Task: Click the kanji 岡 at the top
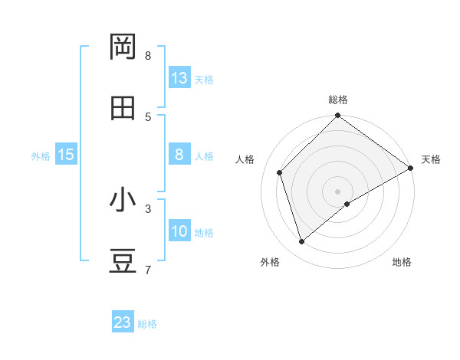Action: tap(123, 47)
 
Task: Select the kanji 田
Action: tap(123, 109)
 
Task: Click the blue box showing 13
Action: tap(179, 78)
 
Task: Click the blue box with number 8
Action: tap(179, 155)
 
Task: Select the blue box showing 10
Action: tap(179, 231)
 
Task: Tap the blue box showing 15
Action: tap(66, 155)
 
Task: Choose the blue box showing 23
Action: tap(123, 322)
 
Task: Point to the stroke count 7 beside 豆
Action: tap(147, 270)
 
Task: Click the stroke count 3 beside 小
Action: tap(147, 208)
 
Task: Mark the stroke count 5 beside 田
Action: tap(147, 116)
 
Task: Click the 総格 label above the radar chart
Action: tap(338, 100)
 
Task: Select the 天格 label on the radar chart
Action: tap(431, 159)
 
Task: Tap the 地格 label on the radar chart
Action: tap(402, 262)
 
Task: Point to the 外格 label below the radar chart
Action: tap(270, 262)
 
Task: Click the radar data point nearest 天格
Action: tap(410, 168)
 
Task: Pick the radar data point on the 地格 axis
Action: tap(347, 204)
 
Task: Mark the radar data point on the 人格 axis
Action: tap(280, 172)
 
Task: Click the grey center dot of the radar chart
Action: tap(338, 191)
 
